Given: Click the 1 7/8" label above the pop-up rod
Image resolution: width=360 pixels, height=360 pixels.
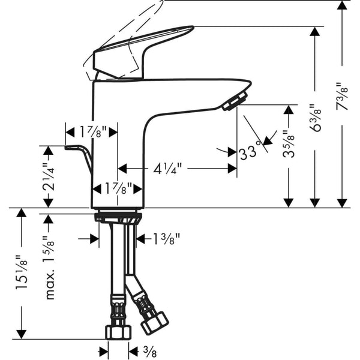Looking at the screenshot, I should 91,131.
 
